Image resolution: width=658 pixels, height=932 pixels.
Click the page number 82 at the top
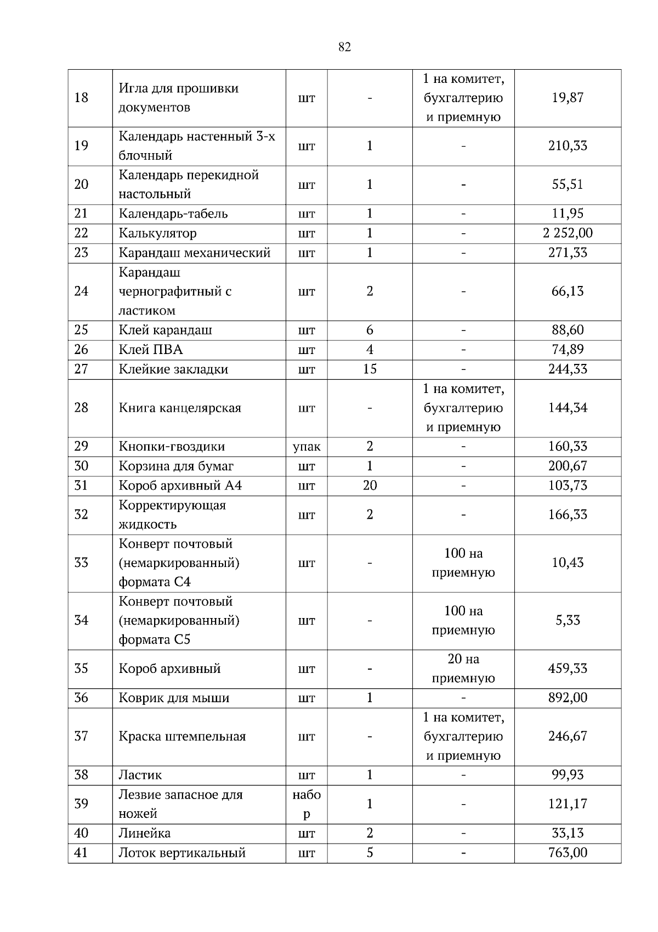pyautogui.click(x=344, y=47)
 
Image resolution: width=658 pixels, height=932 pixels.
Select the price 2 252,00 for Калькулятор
pyautogui.click(x=568, y=233)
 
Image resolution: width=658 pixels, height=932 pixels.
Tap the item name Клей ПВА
pyautogui.click(x=151, y=350)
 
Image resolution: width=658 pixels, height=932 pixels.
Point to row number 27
pyautogui.click(x=81, y=369)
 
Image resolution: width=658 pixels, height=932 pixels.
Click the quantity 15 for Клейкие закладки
pyautogui.click(x=370, y=369)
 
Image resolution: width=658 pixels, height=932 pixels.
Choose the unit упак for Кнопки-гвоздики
pyautogui.click(x=307, y=447)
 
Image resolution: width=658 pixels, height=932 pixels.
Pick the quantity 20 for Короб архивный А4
pyautogui.click(x=370, y=486)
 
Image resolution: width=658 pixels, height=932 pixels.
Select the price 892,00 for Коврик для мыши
pyautogui.click(x=568, y=698)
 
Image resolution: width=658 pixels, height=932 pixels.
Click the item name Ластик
pyautogui.click(x=140, y=775)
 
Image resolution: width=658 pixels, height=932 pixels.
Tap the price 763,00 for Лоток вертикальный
pyautogui.click(x=568, y=853)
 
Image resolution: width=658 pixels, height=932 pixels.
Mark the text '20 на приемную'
pyautogui.click(x=463, y=669)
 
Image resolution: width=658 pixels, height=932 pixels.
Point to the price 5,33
pyautogui.click(x=568, y=620)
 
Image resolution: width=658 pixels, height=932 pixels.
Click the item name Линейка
pyautogui.click(x=145, y=833)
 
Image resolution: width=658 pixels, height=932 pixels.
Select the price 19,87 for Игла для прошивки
pyautogui.click(x=568, y=98)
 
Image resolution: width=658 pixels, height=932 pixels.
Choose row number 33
pyautogui.click(x=81, y=563)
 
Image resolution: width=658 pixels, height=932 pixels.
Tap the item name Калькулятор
pyautogui.click(x=157, y=233)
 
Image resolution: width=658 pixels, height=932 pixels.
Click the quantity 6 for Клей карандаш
pyautogui.click(x=370, y=330)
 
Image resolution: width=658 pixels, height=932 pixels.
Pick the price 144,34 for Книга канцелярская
pyautogui.click(x=568, y=408)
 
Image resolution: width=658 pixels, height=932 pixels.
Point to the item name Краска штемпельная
pyautogui.click(x=182, y=737)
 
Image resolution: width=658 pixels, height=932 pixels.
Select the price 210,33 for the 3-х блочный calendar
pyautogui.click(x=568, y=146)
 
